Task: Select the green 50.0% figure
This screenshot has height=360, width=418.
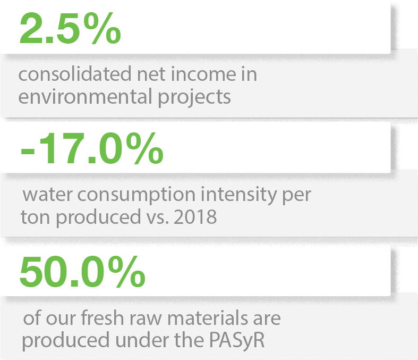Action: click(x=82, y=273)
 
